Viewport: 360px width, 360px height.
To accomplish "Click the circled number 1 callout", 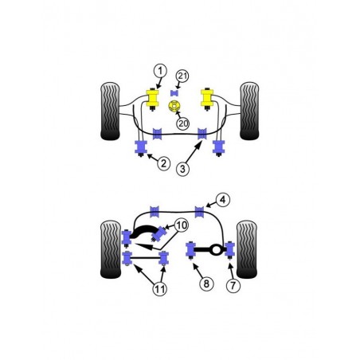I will pyautogui.click(x=159, y=71).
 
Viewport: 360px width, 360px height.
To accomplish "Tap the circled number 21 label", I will pyautogui.click(x=182, y=76).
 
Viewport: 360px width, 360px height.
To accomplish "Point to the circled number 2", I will pyautogui.click(x=163, y=164).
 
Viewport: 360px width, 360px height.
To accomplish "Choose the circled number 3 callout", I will pyautogui.click(x=184, y=168).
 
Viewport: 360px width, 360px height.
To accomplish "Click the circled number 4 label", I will pyautogui.click(x=224, y=200).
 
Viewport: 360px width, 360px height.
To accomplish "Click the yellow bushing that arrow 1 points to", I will pyautogui.click(x=149, y=100).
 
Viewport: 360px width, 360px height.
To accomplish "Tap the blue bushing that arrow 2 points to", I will pyautogui.click(x=141, y=148).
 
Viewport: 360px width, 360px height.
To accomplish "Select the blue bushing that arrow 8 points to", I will pyautogui.click(x=192, y=251).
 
